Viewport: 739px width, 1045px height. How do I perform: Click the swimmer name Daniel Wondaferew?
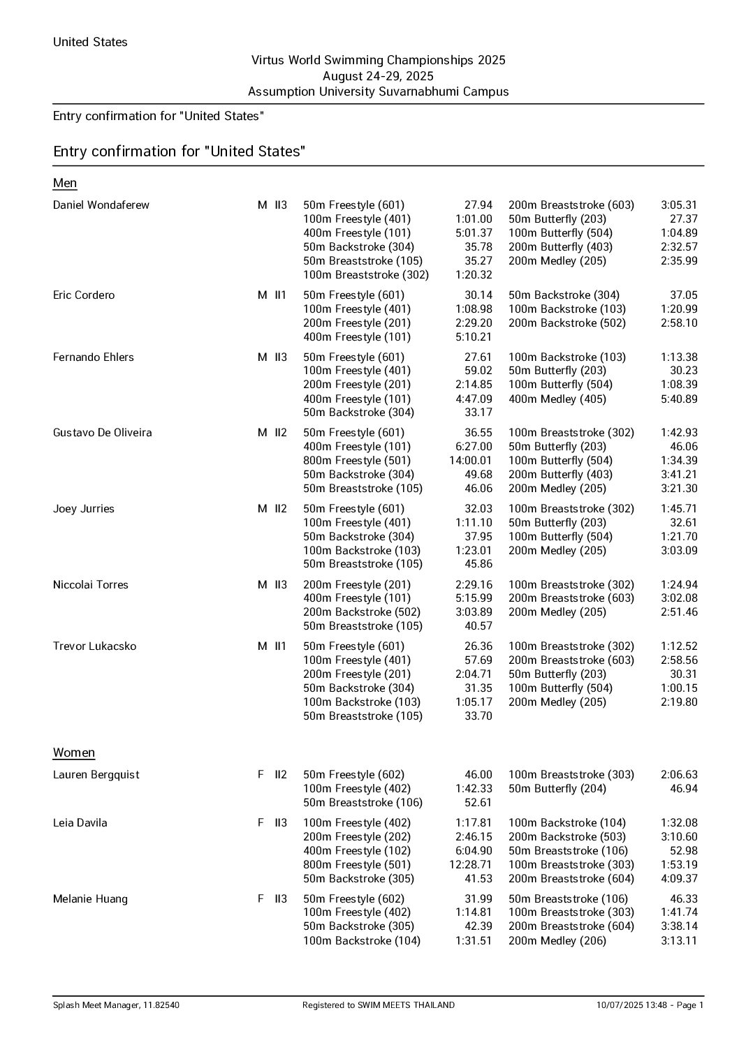[101, 205]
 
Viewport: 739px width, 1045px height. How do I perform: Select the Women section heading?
[74, 753]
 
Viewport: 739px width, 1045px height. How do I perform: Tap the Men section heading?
[65, 183]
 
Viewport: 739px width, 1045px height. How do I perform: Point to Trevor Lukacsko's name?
[95, 646]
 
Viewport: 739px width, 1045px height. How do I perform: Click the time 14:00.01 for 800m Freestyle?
[471, 461]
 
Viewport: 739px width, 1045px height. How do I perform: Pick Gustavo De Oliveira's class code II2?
[280, 433]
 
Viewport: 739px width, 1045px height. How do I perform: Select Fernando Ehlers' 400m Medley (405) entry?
[557, 399]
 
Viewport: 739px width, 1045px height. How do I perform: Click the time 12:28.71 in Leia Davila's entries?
[471, 865]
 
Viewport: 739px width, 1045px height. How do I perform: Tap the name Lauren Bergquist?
[96, 775]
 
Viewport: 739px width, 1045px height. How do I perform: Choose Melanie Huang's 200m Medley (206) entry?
[557, 941]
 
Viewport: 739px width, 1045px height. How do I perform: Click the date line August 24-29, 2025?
[378, 76]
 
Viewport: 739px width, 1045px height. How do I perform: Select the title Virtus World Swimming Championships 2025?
[378, 61]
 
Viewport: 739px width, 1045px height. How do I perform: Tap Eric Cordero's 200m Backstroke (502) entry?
[567, 323]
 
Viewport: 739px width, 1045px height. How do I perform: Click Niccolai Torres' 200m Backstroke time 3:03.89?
[474, 612]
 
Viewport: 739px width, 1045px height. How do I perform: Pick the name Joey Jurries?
[84, 509]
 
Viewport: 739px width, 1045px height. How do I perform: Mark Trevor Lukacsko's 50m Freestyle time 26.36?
[478, 646]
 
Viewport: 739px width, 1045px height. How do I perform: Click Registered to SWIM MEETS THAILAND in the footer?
[378, 1005]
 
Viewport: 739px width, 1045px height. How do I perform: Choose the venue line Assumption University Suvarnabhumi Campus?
[378, 91]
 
